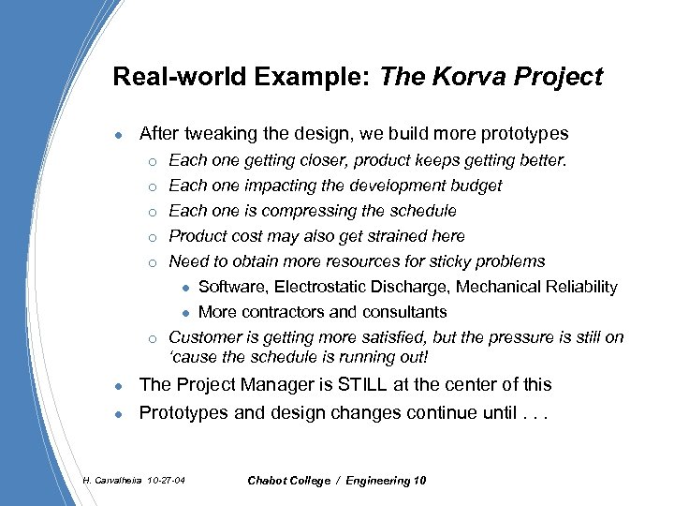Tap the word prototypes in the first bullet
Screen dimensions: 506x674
tap(523, 134)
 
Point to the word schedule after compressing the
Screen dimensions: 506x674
tap(423, 211)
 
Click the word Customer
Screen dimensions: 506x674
tap(201, 337)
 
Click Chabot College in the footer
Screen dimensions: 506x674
tap(288, 481)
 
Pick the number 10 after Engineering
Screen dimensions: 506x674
tap(418, 481)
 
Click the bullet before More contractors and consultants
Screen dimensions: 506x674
tap(186, 313)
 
